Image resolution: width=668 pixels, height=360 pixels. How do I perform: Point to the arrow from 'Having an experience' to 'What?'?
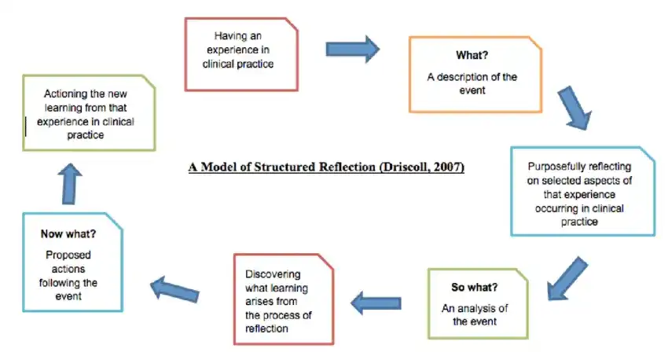click(x=353, y=50)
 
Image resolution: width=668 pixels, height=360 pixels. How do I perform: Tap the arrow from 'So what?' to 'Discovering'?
click(x=376, y=299)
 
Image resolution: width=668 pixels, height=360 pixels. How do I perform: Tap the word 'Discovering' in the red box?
click(x=273, y=274)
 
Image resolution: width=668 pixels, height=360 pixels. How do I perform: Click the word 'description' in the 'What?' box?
click(x=468, y=76)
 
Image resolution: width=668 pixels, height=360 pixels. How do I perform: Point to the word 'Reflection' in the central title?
click(x=345, y=167)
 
